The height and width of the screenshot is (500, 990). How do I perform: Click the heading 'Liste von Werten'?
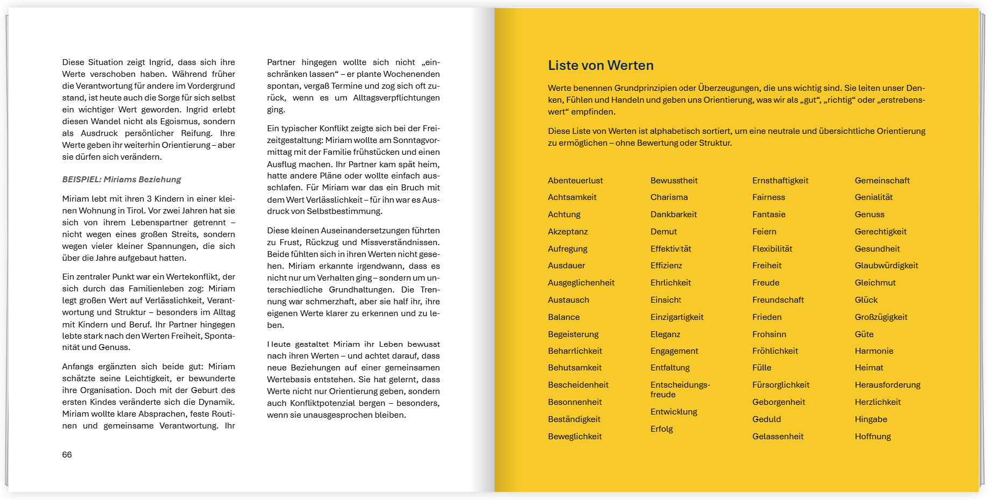click(x=600, y=66)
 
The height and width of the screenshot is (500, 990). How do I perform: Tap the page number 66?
click(x=67, y=455)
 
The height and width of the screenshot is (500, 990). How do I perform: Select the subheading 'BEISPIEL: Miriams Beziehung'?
click(x=122, y=180)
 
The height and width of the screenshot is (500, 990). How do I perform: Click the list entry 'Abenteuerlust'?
click(x=575, y=181)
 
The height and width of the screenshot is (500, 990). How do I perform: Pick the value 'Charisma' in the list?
click(x=669, y=197)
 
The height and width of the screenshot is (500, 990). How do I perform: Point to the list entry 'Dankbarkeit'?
click(x=673, y=215)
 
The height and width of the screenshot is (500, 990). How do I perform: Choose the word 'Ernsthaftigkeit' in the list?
click(x=780, y=181)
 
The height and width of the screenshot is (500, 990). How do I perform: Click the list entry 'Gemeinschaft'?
click(x=882, y=181)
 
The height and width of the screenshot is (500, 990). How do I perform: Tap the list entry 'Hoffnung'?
click(x=873, y=437)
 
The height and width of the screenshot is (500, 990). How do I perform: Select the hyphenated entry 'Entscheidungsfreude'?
click(x=680, y=390)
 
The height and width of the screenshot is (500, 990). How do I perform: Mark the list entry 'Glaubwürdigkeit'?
click(x=886, y=266)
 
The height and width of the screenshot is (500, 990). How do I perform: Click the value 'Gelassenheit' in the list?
click(x=777, y=437)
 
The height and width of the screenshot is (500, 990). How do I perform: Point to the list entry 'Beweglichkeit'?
click(x=575, y=437)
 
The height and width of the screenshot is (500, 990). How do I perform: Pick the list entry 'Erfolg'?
click(x=661, y=429)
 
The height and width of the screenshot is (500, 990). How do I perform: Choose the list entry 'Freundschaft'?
click(x=778, y=300)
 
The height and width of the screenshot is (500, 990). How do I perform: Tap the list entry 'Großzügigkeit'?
click(x=881, y=317)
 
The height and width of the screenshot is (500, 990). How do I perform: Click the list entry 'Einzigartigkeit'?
click(x=677, y=317)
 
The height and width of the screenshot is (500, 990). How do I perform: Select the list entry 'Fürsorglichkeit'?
click(x=781, y=385)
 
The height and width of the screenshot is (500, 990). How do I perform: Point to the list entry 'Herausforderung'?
click(x=887, y=385)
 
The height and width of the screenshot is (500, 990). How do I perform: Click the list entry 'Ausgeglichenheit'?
click(x=581, y=283)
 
